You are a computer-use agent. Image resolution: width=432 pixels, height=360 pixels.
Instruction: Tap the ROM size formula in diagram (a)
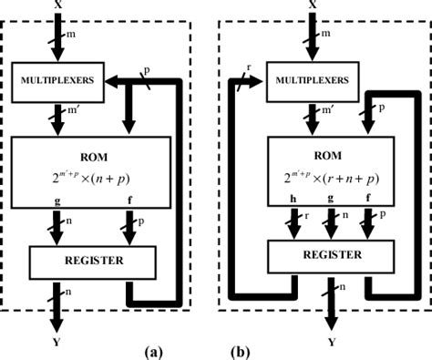[89, 180]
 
